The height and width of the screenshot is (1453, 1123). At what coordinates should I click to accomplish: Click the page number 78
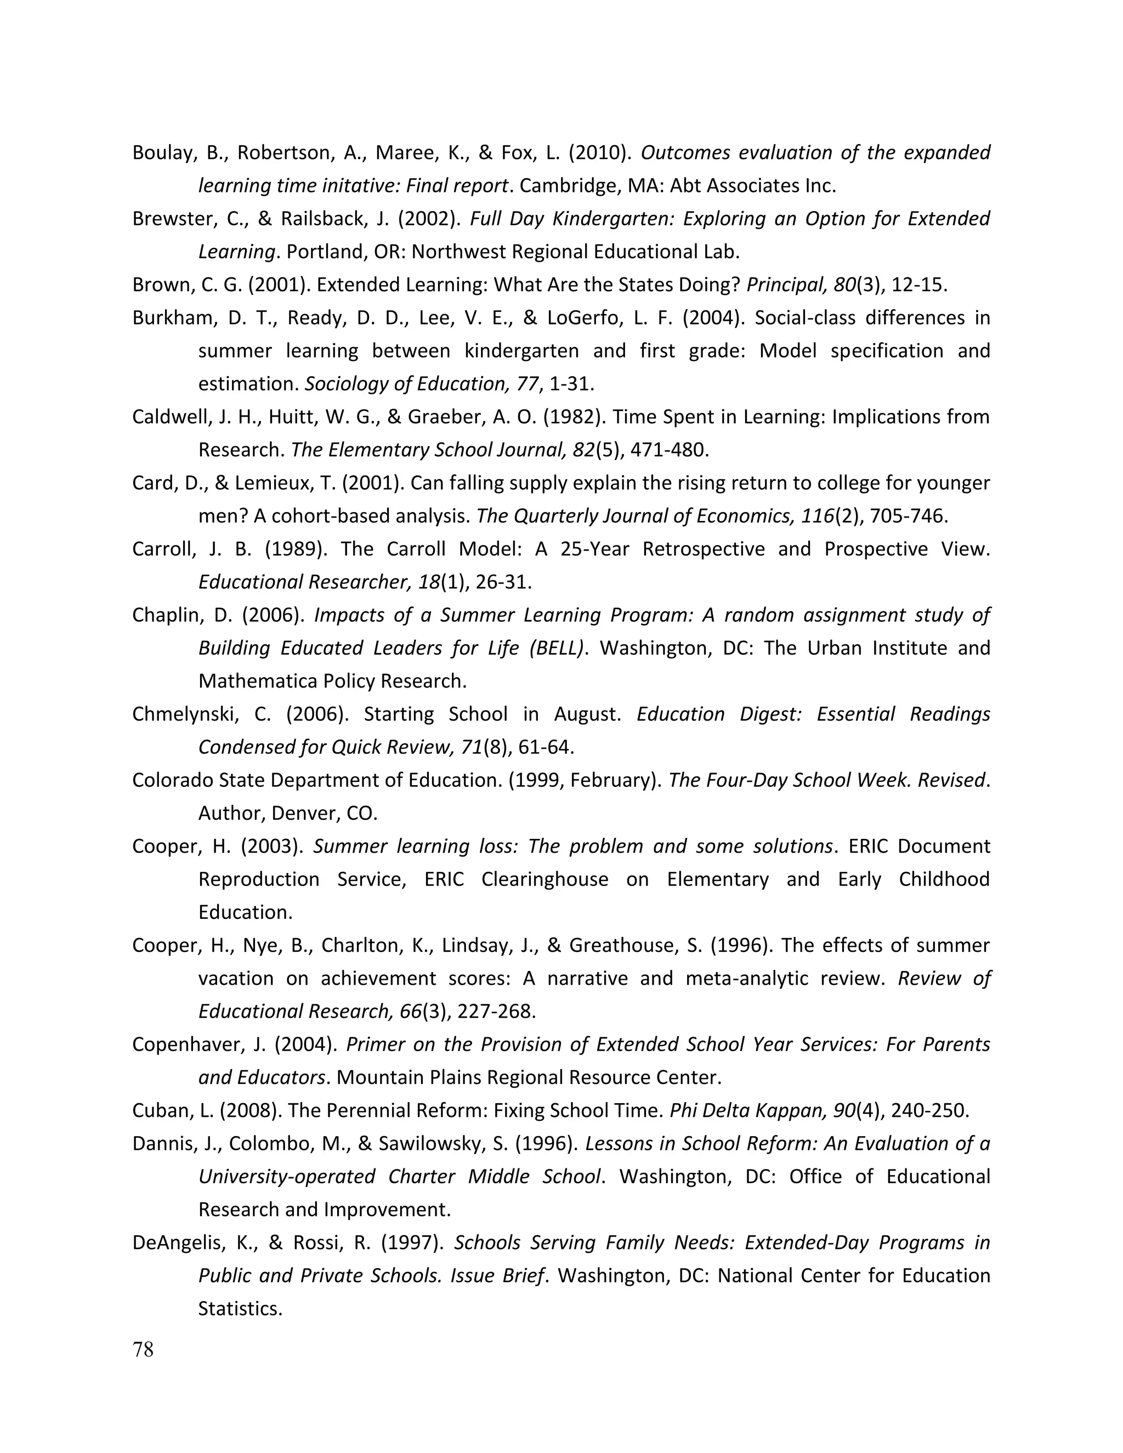click(x=143, y=1349)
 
